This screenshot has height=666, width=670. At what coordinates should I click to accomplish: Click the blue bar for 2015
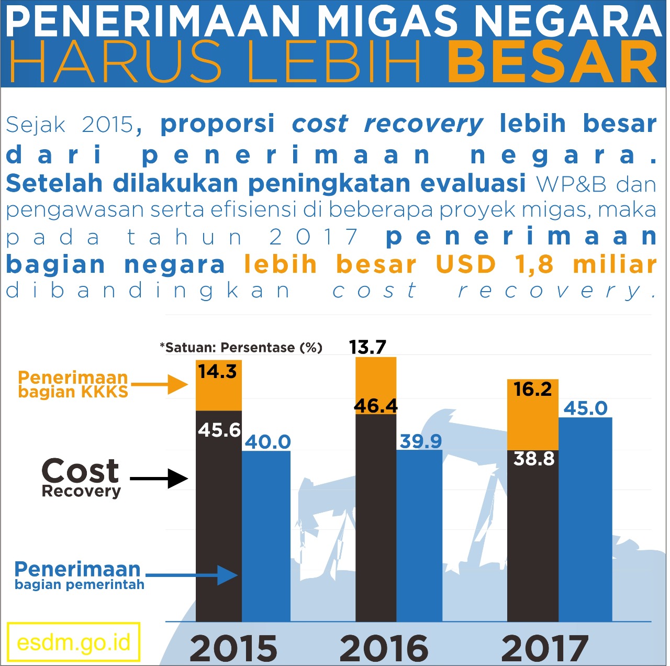click(x=266, y=537)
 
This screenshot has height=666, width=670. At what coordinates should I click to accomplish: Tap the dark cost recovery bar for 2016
click(x=376, y=518)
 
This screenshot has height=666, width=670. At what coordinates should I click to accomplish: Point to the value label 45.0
click(x=585, y=408)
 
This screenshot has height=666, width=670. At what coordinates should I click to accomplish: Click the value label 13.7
click(x=367, y=347)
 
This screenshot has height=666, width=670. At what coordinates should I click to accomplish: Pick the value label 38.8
click(x=533, y=459)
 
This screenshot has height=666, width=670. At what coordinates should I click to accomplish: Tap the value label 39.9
click(x=420, y=441)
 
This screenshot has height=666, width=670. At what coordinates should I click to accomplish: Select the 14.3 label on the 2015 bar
click(x=218, y=372)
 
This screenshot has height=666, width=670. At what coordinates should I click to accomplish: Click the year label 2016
click(x=384, y=648)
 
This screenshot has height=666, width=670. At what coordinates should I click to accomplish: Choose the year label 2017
click(x=544, y=648)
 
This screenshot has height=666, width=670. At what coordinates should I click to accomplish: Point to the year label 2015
click(x=233, y=648)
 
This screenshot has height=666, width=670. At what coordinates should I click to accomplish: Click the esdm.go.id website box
click(x=73, y=642)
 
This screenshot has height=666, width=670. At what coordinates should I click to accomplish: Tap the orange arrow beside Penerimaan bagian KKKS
click(x=160, y=384)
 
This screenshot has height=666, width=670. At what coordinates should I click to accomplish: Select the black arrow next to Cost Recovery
click(x=159, y=478)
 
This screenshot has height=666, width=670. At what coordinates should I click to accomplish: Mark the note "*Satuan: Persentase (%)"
click(x=241, y=348)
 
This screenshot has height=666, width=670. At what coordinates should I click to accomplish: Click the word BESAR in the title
click(x=552, y=63)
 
